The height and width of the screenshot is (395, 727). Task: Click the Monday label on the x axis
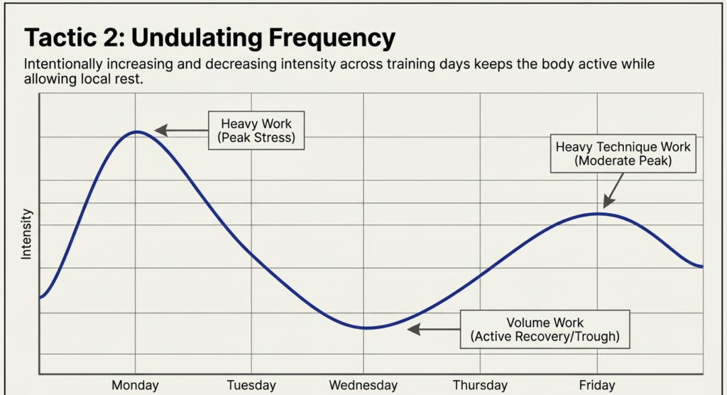tap(135, 385)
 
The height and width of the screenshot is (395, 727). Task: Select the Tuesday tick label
tap(251, 385)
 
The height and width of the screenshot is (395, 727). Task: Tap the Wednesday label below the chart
tap(363, 385)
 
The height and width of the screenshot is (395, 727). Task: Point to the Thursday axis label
tap(480, 385)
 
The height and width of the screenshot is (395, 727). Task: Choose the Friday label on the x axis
tap(597, 385)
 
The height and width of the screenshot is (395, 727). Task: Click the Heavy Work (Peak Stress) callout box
tap(256, 130)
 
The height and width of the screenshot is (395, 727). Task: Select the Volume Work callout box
tap(545, 329)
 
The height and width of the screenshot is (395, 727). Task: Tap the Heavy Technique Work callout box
tap(623, 153)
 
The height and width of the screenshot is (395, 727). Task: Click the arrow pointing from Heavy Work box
tap(181, 130)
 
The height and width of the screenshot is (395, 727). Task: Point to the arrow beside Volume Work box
tap(434, 329)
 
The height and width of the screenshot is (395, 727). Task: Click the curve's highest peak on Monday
tap(138, 131)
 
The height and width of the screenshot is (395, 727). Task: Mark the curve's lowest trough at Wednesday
tap(364, 328)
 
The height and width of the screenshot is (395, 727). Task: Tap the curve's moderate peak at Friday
tap(598, 213)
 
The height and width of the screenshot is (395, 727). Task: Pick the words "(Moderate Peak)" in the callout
tap(623, 161)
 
